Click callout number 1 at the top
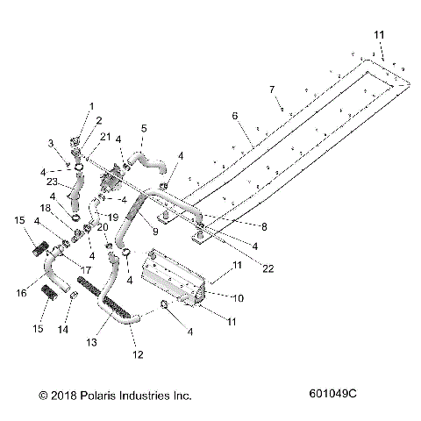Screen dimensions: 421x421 (89, 106)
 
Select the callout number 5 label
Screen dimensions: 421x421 (144, 128)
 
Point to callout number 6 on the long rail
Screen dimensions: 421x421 (233, 115)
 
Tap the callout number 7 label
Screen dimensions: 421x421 (272, 89)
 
